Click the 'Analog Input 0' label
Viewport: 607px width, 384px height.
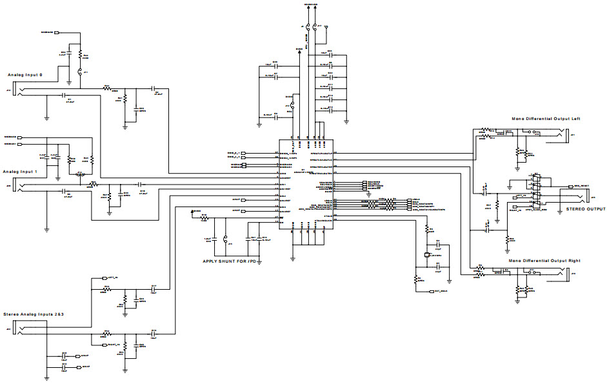(x=25, y=76)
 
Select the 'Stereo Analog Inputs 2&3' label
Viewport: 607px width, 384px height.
(x=37, y=314)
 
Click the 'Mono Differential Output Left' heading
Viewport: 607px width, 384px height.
(x=546, y=119)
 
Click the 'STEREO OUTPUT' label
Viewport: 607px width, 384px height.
(x=586, y=209)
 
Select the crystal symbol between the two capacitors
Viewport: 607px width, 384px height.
(x=426, y=256)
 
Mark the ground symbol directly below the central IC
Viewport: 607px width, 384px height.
(x=293, y=256)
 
